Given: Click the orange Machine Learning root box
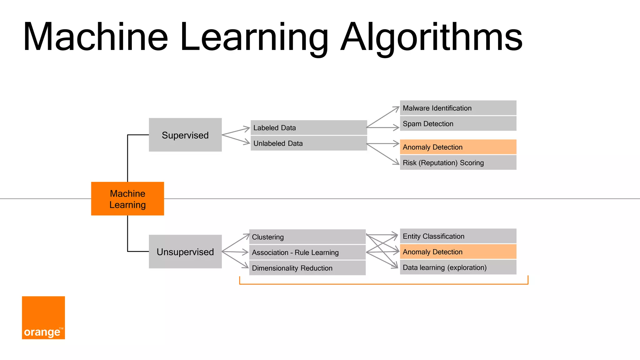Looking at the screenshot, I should [127, 199].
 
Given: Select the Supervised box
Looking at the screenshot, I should [185, 135].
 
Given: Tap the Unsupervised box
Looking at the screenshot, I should [185, 252].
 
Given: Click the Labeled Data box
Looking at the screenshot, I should [309, 127].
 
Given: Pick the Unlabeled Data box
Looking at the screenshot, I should [309, 143].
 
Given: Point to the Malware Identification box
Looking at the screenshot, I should [458, 108].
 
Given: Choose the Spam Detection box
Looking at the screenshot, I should [458, 124].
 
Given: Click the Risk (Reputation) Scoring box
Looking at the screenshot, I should [458, 162].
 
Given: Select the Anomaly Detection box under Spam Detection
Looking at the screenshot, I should [458, 147].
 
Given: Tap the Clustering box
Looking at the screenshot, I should [307, 237].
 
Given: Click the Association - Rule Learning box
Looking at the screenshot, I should [307, 252].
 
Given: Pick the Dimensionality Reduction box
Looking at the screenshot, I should [307, 268].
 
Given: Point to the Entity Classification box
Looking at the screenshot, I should [458, 236].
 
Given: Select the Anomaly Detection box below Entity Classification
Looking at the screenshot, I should [458, 252].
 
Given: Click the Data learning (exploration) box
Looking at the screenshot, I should [458, 267].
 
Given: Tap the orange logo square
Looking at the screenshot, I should [43, 317].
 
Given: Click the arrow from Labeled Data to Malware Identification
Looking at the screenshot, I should [383, 117].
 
